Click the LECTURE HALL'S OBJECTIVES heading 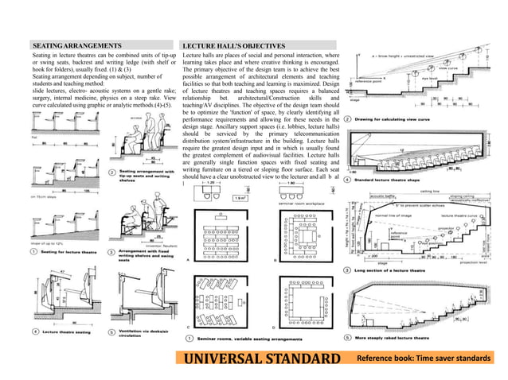(x=234, y=47)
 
